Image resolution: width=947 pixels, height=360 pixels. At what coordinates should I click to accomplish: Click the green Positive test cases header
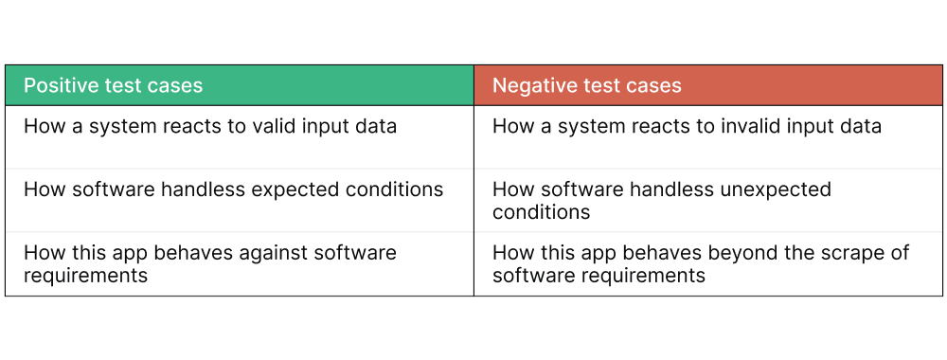pos(240,85)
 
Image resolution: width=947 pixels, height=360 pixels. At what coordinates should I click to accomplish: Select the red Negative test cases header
pos(708,85)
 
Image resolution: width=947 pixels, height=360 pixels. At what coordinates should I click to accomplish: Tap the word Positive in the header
pos(59,85)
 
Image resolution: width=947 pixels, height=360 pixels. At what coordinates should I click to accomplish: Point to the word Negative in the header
pos(534,85)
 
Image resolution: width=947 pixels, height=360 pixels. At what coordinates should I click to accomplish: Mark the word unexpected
pos(769,189)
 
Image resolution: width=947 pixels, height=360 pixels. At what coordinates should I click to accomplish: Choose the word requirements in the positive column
pos(85,276)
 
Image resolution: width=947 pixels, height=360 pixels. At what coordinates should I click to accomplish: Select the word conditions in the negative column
pos(541,212)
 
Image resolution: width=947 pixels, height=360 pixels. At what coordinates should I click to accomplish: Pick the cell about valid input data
pos(240,136)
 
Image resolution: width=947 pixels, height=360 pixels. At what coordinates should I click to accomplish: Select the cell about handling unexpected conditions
pos(708,200)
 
